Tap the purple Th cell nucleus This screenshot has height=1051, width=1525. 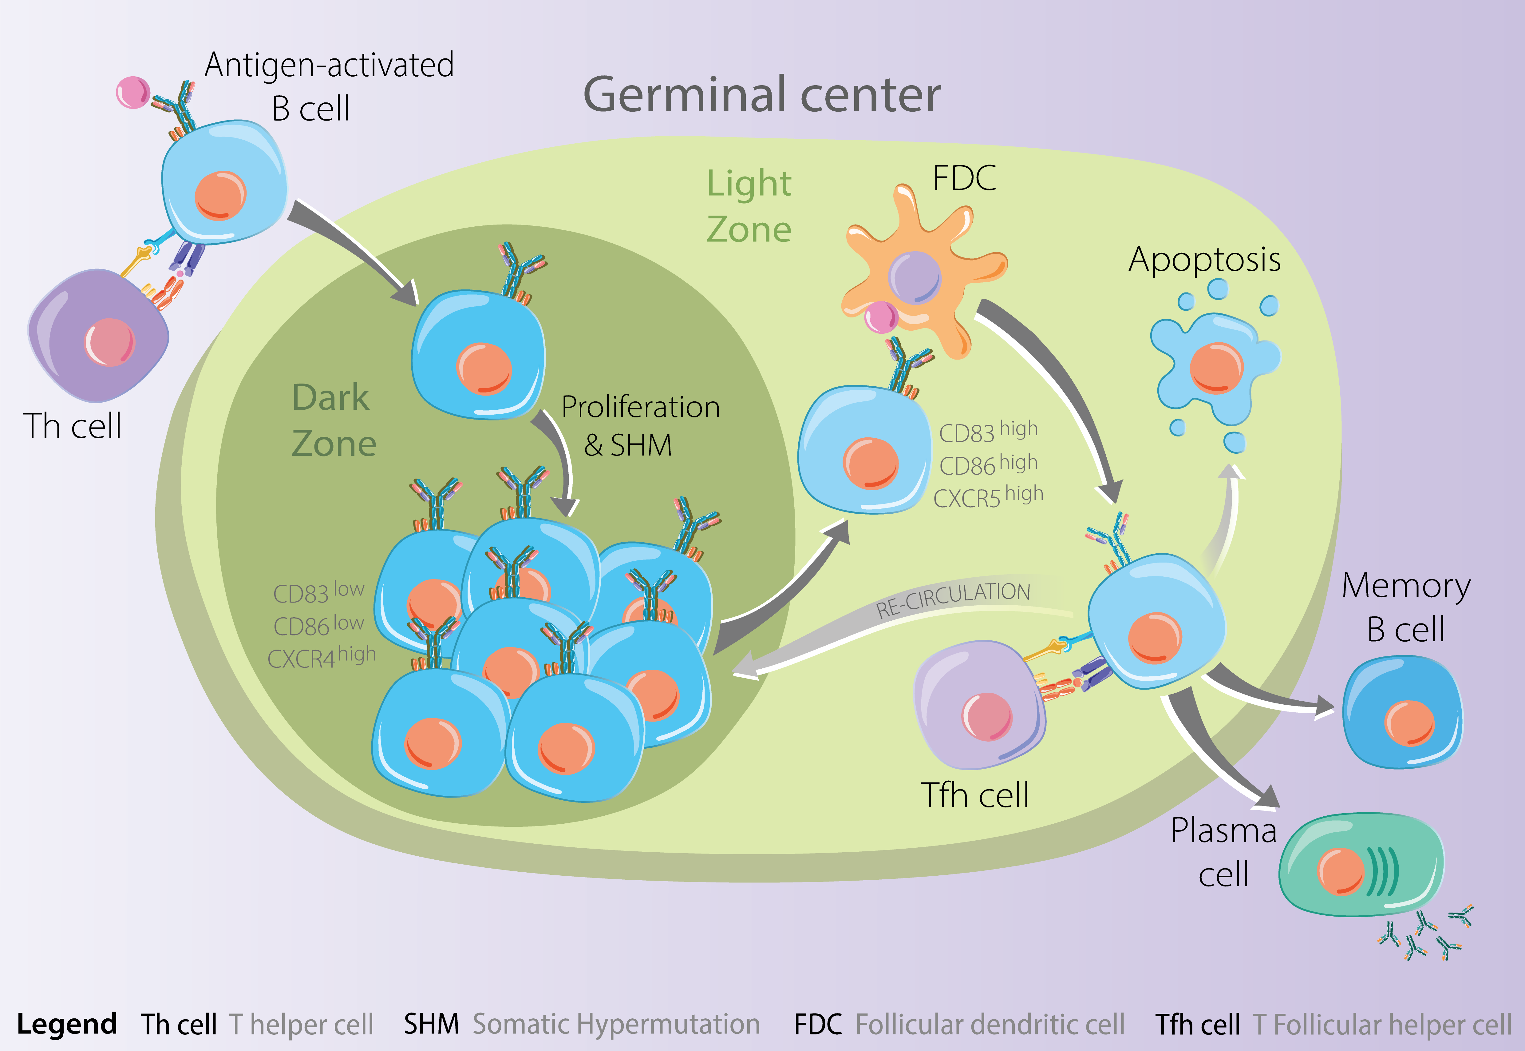[x=109, y=342]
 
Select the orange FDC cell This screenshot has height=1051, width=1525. [x=922, y=270]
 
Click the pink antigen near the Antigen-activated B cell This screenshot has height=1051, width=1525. [x=133, y=92]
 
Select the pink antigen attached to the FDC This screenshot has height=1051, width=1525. [x=881, y=317]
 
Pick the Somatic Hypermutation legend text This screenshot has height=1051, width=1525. [x=616, y=1024]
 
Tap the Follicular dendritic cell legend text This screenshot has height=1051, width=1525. [x=990, y=1024]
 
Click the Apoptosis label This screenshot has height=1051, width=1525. [x=1204, y=260]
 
